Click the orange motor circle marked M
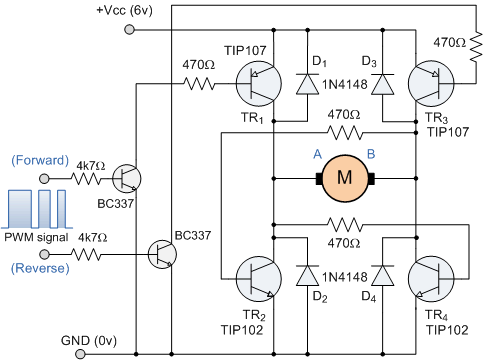tap(345, 178)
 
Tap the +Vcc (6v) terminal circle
tap(129, 30)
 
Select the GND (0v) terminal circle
tap(80, 354)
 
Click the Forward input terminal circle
tap(44, 179)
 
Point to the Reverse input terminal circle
tap(44, 255)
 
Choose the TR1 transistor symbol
tap(259, 84)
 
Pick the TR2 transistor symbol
tap(259, 279)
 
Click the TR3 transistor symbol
tap(431, 84)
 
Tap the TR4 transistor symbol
tap(431, 279)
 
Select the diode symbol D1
tap(307, 84)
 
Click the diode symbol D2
tap(307, 276)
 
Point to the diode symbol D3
tap(383, 84)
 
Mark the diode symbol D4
tap(383, 276)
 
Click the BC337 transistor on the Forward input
tap(127, 179)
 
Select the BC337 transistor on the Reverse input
tap(162, 255)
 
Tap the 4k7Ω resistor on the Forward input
tap(86, 179)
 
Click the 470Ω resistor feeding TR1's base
tap(199, 84)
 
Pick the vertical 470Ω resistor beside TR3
tap(476, 47)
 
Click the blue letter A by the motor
tap(318, 154)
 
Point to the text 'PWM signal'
tap(36, 237)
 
